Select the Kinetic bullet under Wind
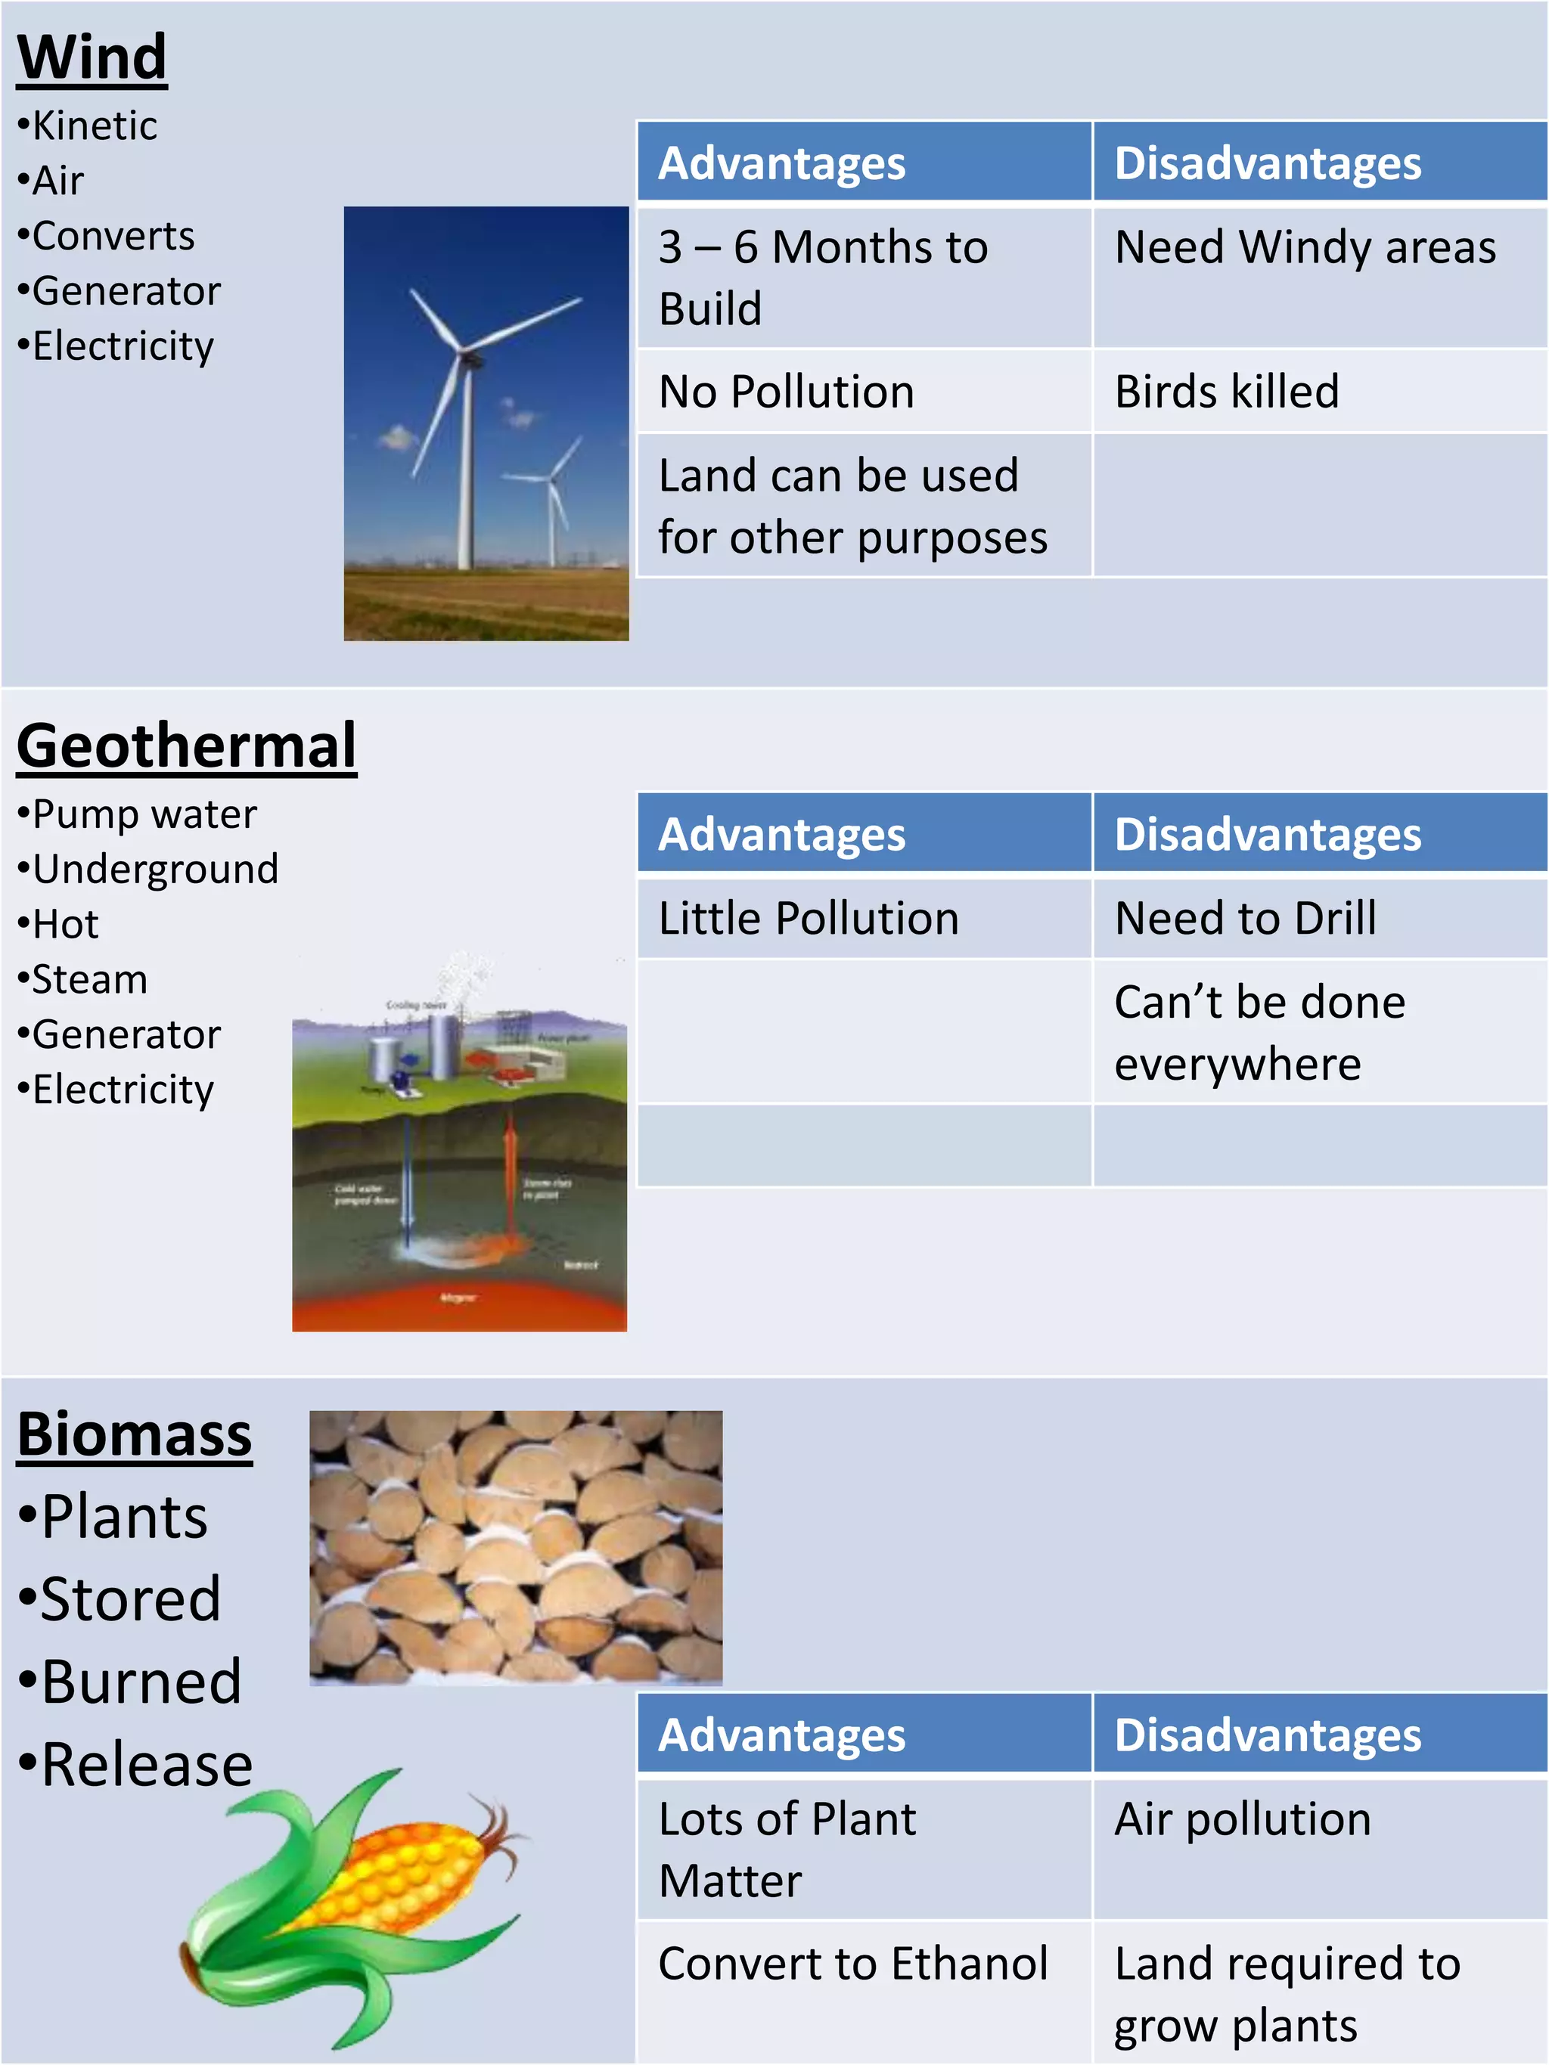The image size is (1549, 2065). click(93, 125)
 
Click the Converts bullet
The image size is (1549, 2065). click(112, 235)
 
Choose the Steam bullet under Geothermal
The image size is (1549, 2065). click(88, 979)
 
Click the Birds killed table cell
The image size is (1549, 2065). click(1227, 391)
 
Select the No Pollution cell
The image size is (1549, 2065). click(786, 391)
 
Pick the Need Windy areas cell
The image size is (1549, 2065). click(1305, 247)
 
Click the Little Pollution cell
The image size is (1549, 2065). click(809, 919)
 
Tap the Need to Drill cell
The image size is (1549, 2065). click(1246, 919)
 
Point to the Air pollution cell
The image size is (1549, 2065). click(1243, 1819)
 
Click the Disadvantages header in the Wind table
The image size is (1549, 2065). click(1267, 163)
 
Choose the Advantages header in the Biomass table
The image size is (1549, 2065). click(781, 1735)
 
